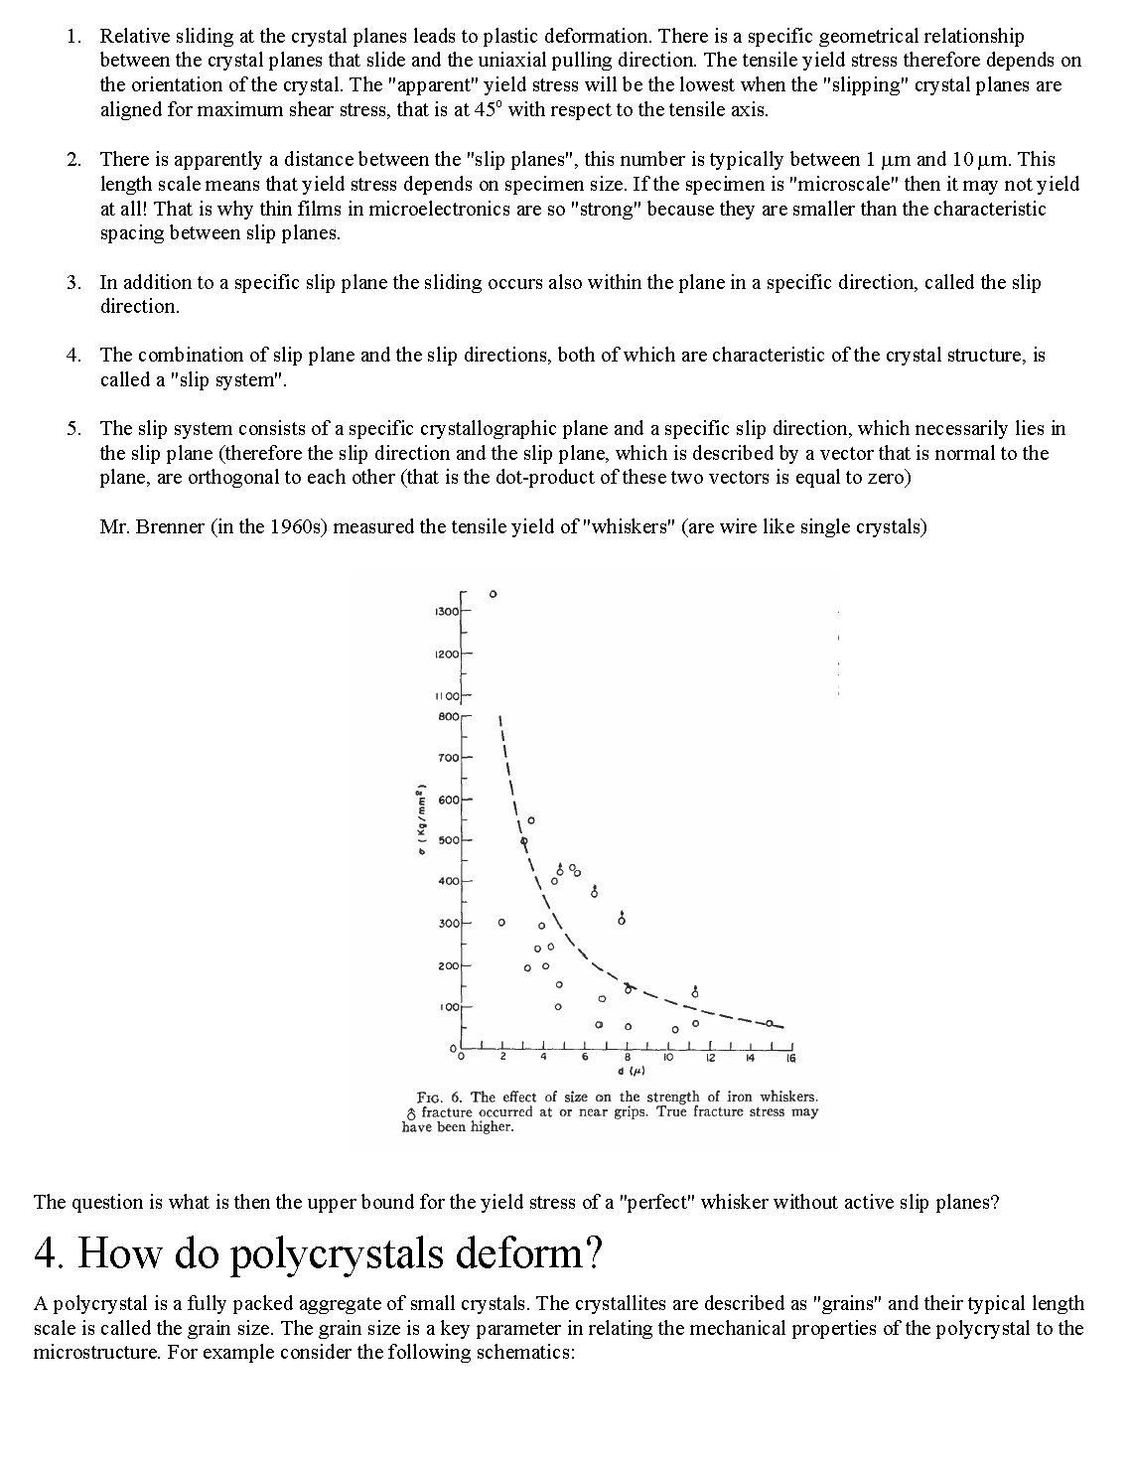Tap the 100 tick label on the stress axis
click(x=449, y=1007)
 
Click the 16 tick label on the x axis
click(x=790, y=1058)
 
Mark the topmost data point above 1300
click(x=493, y=594)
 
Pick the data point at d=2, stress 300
click(x=501, y=923)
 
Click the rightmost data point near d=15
click(x=770, y=1023)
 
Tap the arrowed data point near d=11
click(x=695, y=994)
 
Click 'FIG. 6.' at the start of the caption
click(x=441, y=1098)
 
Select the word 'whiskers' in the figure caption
click(x=787, y=1098)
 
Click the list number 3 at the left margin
click(x=73, y=283)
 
